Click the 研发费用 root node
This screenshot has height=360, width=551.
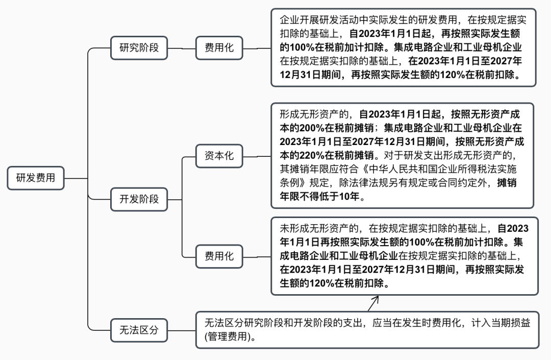coord(36,178)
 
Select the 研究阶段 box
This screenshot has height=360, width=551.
coord(139,48)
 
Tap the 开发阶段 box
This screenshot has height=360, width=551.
coord(139,199)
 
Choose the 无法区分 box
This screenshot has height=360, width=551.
coord(139,330)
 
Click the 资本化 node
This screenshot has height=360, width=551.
coord(219,156)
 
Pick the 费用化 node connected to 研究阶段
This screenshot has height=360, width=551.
coord(219,48)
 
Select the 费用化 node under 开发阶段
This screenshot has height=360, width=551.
coord(219,256)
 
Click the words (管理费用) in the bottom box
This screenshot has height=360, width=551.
coord(229,337)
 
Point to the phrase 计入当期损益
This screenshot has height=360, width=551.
coord(501,323)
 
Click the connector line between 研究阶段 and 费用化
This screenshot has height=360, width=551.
coord(182,48)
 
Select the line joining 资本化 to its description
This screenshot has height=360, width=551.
coord(257,156)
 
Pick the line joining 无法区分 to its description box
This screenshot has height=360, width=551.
coord(182,330)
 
